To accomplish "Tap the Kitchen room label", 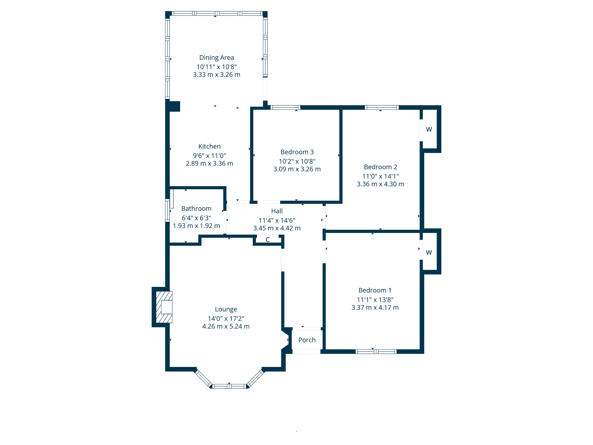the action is [x=209, y=146].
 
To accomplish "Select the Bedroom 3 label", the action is [x=297, y=152].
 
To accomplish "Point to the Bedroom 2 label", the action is [x=380, y=167].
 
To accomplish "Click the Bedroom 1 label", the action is [x=375, y=290].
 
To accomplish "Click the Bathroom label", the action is [x=196, y=209].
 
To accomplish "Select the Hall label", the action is [x=277, y=211].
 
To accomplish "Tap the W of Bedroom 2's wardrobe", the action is [x=429, y=129].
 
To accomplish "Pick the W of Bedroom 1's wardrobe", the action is [x=429, y=252].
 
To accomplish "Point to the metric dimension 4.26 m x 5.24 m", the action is [x=226, y=326].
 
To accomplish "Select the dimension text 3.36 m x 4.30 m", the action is [x=380, y=184].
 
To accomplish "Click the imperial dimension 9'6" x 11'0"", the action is [x=209, y=156].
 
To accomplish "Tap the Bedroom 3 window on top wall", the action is [x=285, y=108].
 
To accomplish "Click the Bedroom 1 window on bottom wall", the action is [x=376, y=352].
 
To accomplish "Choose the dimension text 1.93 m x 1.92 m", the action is [x=196, y=226].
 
